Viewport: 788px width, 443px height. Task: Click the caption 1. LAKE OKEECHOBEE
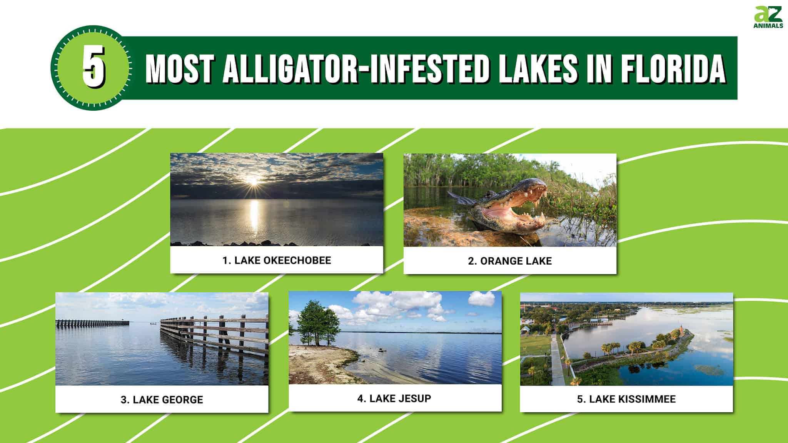tap(277, 260)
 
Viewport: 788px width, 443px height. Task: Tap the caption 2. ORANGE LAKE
tap(510, 261)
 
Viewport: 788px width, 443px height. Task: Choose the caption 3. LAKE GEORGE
tap(162, 400)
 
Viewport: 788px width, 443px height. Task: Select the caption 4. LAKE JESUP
tap(394, 398)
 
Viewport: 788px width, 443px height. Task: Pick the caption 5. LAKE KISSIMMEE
tap(626, 399)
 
